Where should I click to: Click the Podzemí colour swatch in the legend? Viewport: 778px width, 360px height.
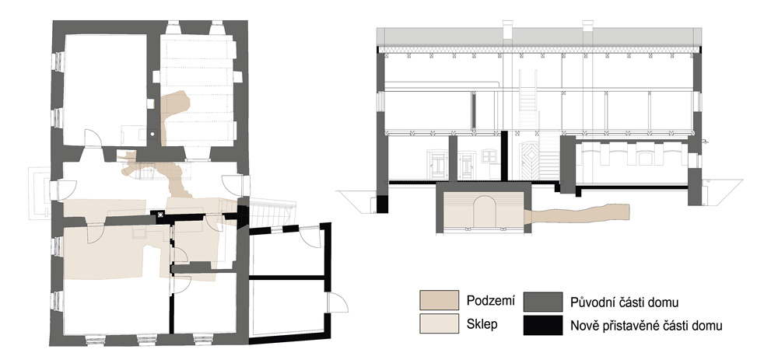pyautogui.click(x=439, y=300)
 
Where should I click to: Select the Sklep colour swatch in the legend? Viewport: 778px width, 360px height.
pyautogui.click(x=439, y=323)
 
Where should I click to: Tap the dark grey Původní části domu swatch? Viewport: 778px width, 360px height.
pyautogui.click(x=543, y=302)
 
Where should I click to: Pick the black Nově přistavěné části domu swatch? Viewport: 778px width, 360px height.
pyautogui.click(x=543, y=325)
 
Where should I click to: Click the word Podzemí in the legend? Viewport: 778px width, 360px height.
pyautogui.click(x=490, y=300)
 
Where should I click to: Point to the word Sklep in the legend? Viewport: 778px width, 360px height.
pyautogui.click(x=482, y=324)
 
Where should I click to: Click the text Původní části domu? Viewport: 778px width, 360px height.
pyautogui.click(x=624, y=302)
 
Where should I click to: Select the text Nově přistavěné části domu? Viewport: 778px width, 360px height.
pyautogui.click(x=646, y=326)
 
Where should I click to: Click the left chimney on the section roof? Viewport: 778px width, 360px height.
pyautogui.click(x=507, y=30)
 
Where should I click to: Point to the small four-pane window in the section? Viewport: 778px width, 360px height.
pyautogui.click(x=489, y=156)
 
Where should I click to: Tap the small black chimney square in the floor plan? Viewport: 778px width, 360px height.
pyautogui.click(x=160, y=215)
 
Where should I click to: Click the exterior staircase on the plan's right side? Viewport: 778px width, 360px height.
pyautogui.click(x=272, y=213)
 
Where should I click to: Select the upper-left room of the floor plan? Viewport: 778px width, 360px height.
pyautogui.click(x=105, y=89)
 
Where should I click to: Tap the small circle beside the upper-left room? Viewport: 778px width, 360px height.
pyautogui.click(x=152, y=133)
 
